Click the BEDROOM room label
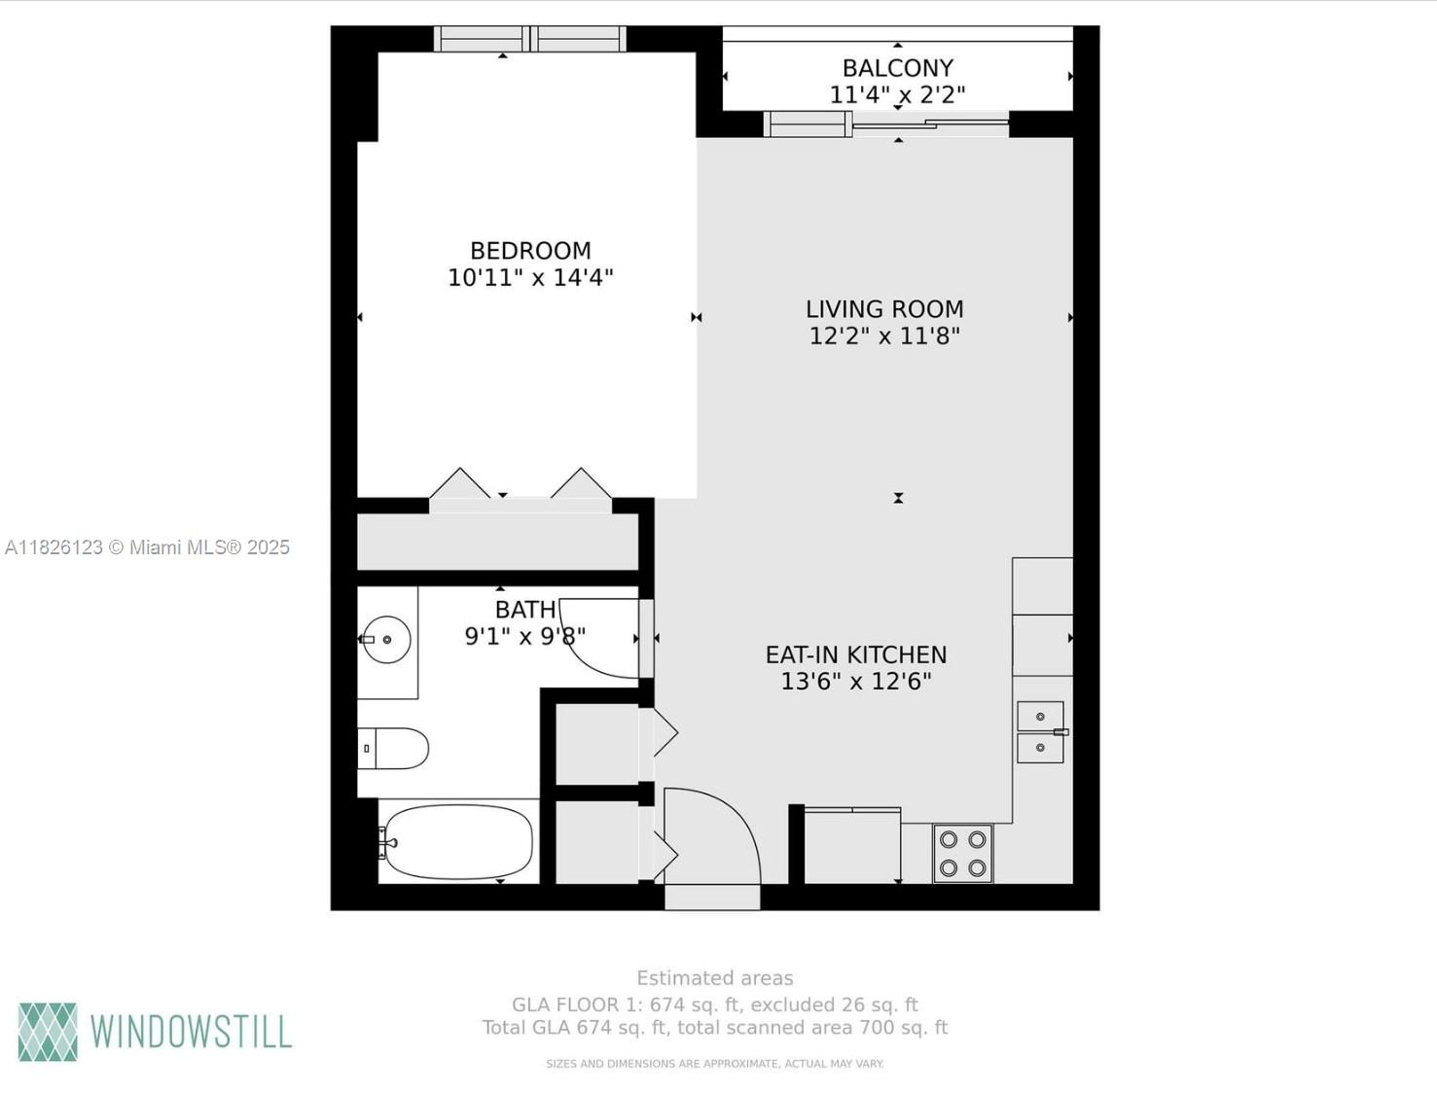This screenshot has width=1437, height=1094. pyautogui.click(x=530, y=251)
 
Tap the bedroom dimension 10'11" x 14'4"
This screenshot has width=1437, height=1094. pyautogui.click(x=530, y=278)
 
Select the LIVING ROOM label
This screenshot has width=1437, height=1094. pyautogui.click(x=884, y=309)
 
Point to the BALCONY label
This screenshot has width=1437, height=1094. pyautogui.click(x=897, y=68)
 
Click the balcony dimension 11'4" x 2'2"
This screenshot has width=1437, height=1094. pyautogui.click(x=897, y=95)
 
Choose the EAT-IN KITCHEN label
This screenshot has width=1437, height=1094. pyautogui.click(x=856, y=655)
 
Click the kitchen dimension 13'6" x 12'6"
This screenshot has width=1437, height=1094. pyautogui.click(x=856, y=682)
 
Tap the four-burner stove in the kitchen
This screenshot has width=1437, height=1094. pyautogui.click(x=963, y=854)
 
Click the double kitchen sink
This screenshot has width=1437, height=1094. pyautogui.click(x=1040, y=732)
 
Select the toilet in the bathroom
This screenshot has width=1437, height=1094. pyautogui.click(x=394, y=749)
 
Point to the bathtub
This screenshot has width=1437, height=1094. pyautogui.click(x=458, y=842)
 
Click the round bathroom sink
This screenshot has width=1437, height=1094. pyautogui.click(x=386, y=640)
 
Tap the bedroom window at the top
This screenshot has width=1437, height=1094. pyautogui.click(x=530, y=39)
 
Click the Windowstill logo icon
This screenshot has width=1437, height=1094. pyautogui.click(x=48, y=1032)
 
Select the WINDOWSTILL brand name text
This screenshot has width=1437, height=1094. pyautogui.click(x=191, y=1032)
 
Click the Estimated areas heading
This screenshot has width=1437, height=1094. pyautogui.click(x=715, y=978)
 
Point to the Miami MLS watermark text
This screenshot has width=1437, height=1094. pyautogui.click(x=148, y=547)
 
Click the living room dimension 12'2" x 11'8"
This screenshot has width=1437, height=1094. pyautogui.click(x=884, y=336)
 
